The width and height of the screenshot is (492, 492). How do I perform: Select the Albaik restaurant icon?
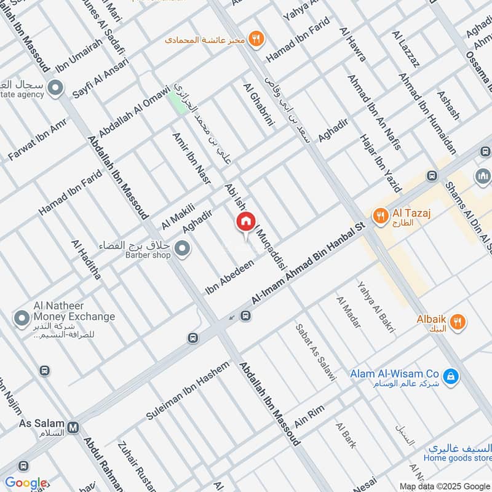pyautogui.click(x=457, y=321)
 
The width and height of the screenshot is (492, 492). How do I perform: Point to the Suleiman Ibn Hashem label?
pyautogui.click(x=187, y=391)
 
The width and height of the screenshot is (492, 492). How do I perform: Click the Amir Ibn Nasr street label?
pyautogui.click(x=191, y=158)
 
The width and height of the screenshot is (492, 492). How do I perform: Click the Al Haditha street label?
pyautogui.click(x=86, y=260)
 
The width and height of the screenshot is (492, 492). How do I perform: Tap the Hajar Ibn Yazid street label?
pyautogui.click(x=379, y=163)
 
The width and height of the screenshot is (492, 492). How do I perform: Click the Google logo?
pyautogui.click(x=26, y=483)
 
